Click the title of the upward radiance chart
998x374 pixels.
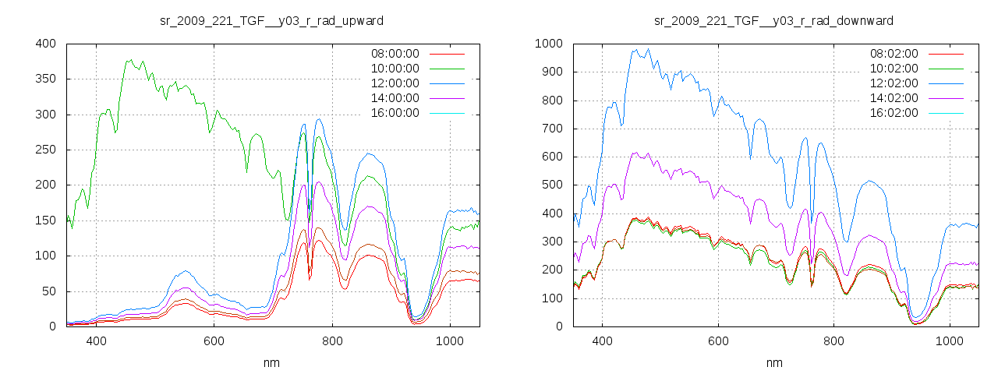coord(271,19)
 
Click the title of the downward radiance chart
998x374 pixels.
coord(773,19)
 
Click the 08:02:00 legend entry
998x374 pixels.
coord(894,54)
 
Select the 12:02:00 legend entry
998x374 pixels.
coord(894,83)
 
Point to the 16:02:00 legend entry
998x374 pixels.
coord(894,113)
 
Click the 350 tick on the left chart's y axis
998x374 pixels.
coord(46,79)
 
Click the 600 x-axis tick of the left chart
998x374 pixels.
coord(214,341)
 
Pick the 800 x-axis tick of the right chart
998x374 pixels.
coord(834,341)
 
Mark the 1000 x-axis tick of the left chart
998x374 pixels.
coord(450,341)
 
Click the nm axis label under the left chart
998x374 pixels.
coord(271,362)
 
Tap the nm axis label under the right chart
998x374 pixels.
coord(773,362)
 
